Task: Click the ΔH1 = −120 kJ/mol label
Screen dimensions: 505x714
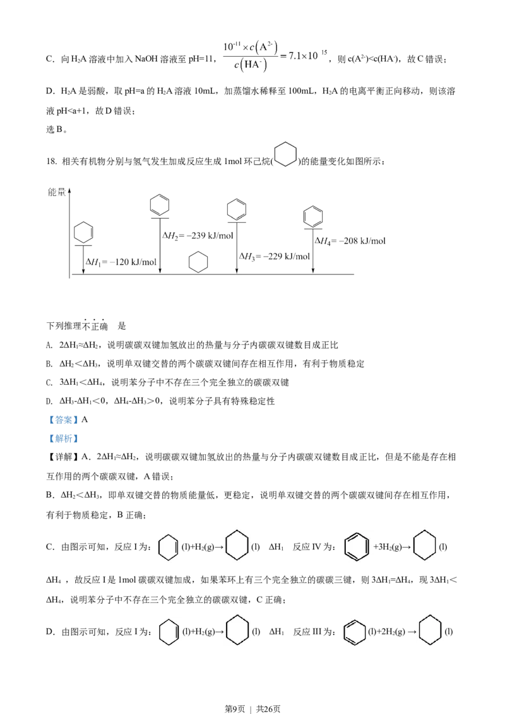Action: tap(121, 262)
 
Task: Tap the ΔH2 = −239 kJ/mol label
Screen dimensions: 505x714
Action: tap(198, 235)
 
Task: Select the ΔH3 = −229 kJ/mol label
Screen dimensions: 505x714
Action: tap(275, 256)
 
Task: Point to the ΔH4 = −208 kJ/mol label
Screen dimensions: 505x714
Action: tap(350, 241)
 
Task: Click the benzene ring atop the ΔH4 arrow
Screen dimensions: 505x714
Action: tap(313, 216)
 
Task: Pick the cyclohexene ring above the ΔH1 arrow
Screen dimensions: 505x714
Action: tap(83, 233)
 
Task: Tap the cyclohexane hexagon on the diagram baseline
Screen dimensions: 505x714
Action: tap(198, 263)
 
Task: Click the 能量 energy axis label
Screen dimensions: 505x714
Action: tap(57, 192)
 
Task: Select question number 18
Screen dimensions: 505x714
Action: tap(51, 161)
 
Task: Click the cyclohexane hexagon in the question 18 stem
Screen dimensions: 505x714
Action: tap(286, 155)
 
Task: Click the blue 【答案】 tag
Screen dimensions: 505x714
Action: tap(63, 420)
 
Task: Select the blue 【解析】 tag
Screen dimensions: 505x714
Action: tap(63, 438)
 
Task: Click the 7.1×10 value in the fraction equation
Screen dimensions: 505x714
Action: tap(303, 56)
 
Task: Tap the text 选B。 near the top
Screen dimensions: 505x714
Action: tap(57, 129)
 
